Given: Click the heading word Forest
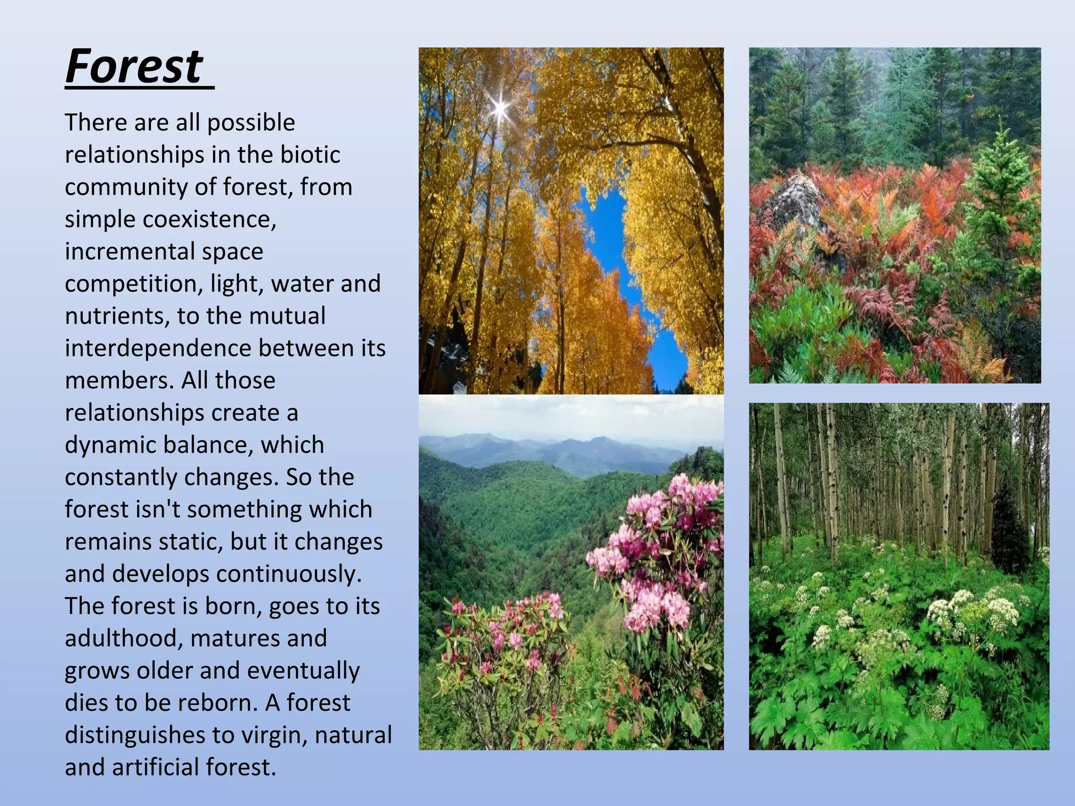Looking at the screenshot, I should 134,66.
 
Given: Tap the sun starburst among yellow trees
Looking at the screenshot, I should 500,108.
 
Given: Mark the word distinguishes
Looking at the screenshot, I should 134,736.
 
